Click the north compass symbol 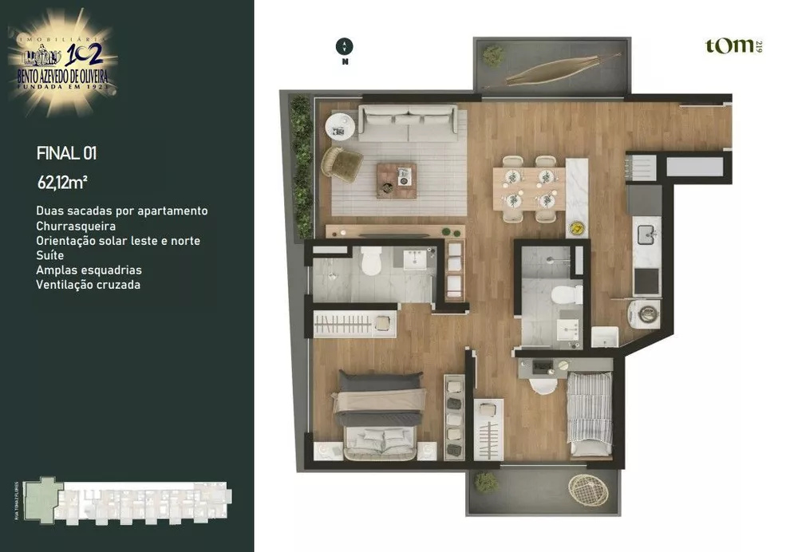(x=345, y=47)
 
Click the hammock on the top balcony (x=563, y=69)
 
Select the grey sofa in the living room (x=407, y=123)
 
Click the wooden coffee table (x=397, y=179)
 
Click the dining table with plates (x=529, y=188)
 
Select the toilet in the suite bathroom (x=372, y=262)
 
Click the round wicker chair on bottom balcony (x=588, y=490)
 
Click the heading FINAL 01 (x=66, y=153)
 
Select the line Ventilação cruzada (x=88, y=285)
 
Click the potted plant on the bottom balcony (x=486, y=481)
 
